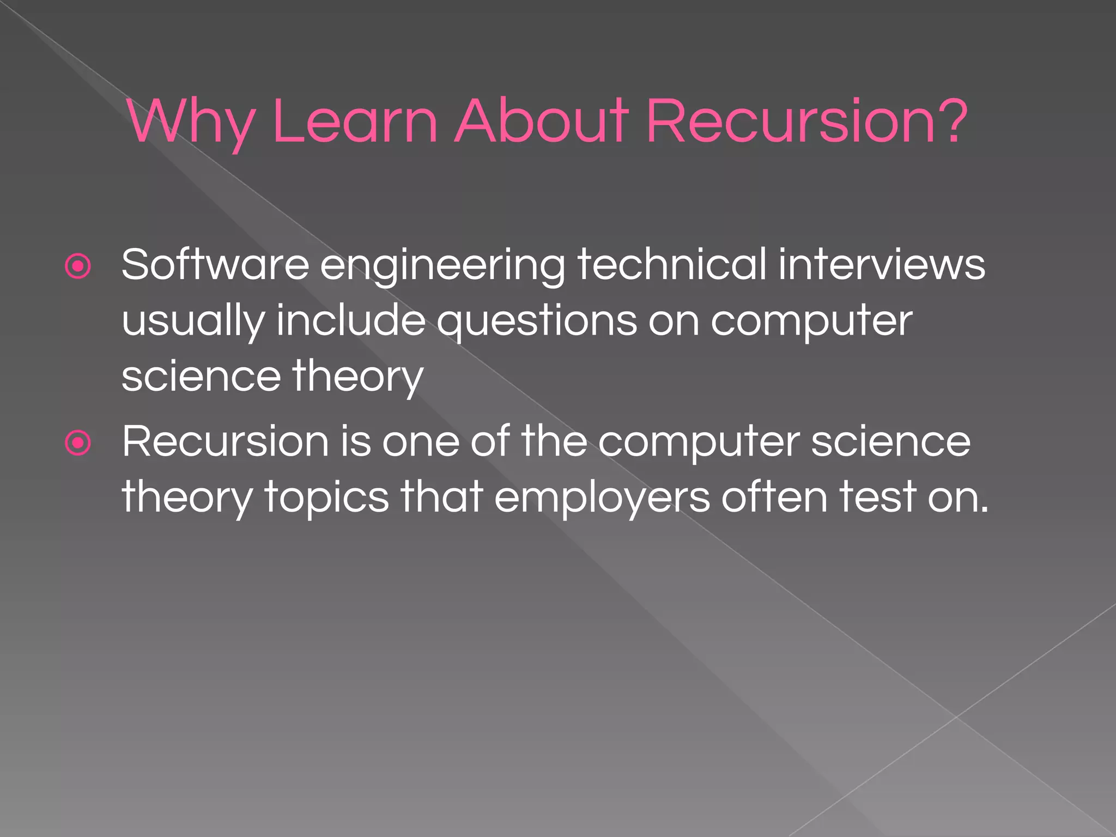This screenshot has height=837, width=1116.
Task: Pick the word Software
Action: (215, 265)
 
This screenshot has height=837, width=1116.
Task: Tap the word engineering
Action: (442, 267)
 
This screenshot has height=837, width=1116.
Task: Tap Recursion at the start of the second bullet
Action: (225, 441)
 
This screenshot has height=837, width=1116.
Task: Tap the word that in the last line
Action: (442, 497)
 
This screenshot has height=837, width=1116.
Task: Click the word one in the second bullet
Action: (420, 441)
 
